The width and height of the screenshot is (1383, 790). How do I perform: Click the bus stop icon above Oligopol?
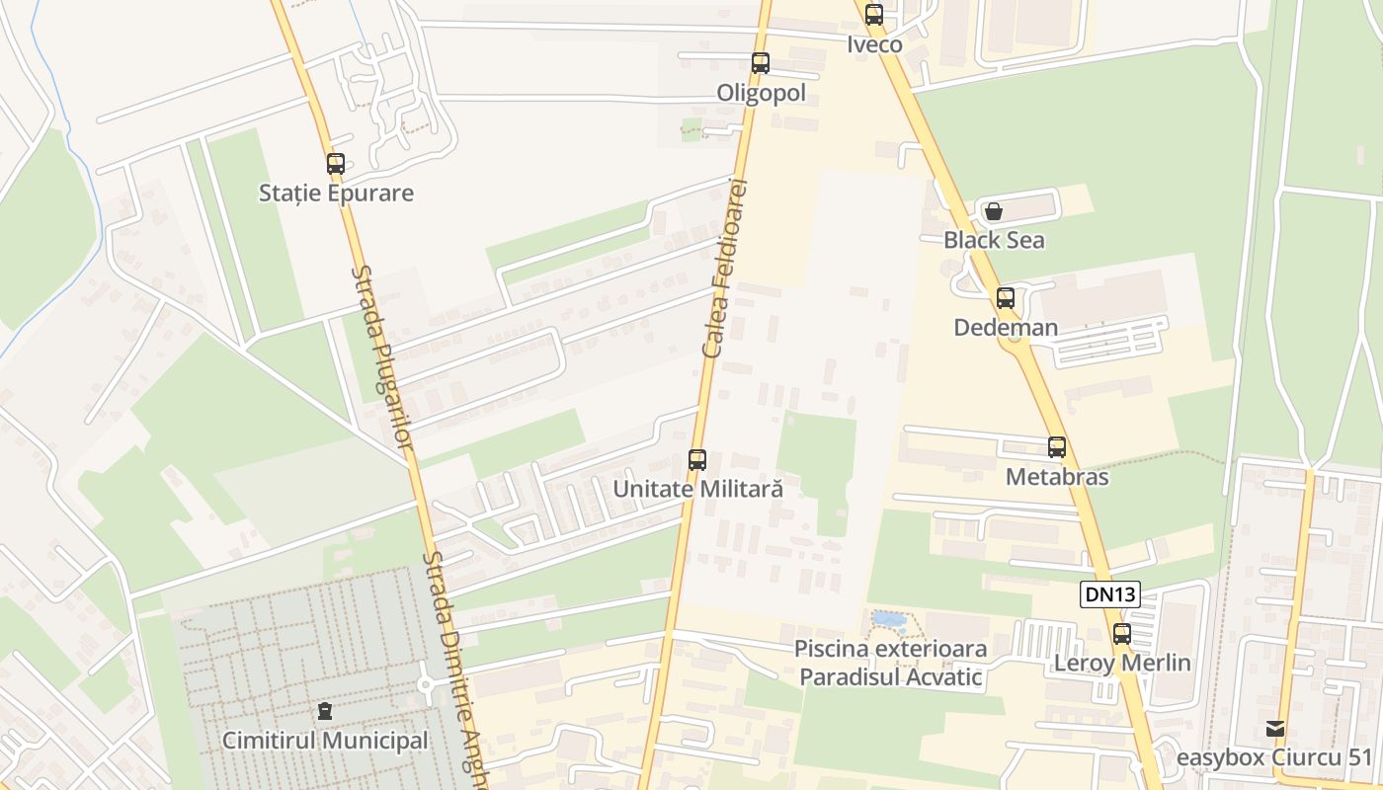point(760,63)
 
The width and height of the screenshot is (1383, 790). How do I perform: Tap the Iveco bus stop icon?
point(873,15)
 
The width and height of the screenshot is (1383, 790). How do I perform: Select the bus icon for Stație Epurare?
point(336,164)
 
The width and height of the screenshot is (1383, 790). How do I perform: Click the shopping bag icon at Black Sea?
point(993,211)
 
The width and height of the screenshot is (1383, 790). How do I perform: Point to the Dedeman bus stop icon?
point(1006,298)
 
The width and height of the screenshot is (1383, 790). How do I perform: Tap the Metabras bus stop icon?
point(1057,447)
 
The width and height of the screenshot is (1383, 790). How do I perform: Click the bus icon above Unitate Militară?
point(697,459)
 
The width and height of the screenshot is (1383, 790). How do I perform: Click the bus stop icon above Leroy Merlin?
point(1122,634)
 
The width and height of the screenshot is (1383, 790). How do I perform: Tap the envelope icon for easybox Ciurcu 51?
point(1275,729)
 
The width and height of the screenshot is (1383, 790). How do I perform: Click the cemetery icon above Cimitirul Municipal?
point(324,711)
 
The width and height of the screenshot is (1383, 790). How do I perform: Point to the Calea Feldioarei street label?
point(727,269)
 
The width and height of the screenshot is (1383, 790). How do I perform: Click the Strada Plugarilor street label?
point(381,356)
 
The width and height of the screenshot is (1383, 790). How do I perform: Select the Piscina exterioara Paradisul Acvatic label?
point(891,663)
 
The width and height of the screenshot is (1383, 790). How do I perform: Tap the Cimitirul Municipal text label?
point(325,741)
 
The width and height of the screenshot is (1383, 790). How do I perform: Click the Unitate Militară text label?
point(697,489)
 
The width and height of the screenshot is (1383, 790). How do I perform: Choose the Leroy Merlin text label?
point(1122,663)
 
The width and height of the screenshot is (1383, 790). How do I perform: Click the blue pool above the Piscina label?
point(888,620)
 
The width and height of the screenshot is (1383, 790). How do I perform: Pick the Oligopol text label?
point(761,93)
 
